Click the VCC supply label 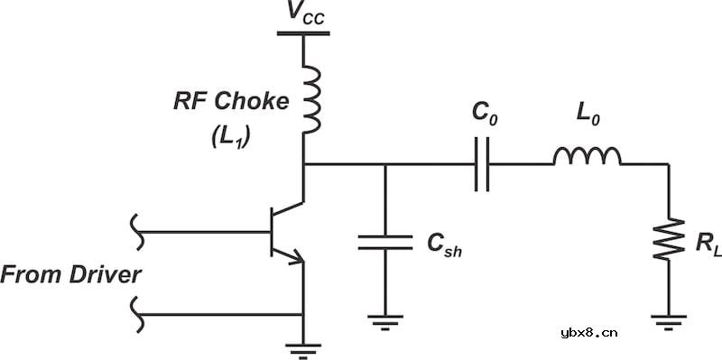coord(305,13)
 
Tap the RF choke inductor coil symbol coord(311,99)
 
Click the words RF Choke coord(231,101)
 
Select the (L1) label coord(230,136)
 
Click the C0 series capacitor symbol coord(482,164)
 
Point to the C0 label coord(485,115)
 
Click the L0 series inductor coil coord(588,156)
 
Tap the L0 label coord(588,115)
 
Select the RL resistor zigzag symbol coord(669,239)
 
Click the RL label coord(708,244)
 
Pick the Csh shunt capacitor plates coord(385,243)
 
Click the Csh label coord(444,245)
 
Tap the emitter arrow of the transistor coord(296,258)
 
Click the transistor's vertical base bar coord(272,232)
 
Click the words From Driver coord(70,275)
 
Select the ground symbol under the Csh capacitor coord(385,323)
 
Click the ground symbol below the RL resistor coord(669,323)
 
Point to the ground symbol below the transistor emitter coord(303,351)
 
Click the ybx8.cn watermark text coord(589,333)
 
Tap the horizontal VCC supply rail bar coord(303,33)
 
